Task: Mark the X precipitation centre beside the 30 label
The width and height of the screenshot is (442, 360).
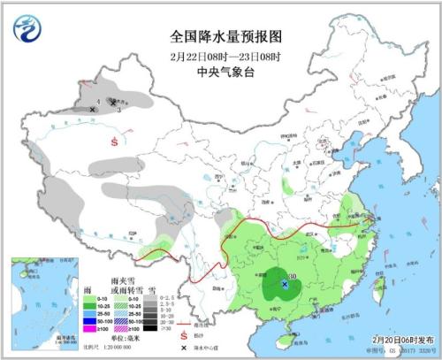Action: point(284,283)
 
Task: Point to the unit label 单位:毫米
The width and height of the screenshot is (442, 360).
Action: point(123,338)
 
